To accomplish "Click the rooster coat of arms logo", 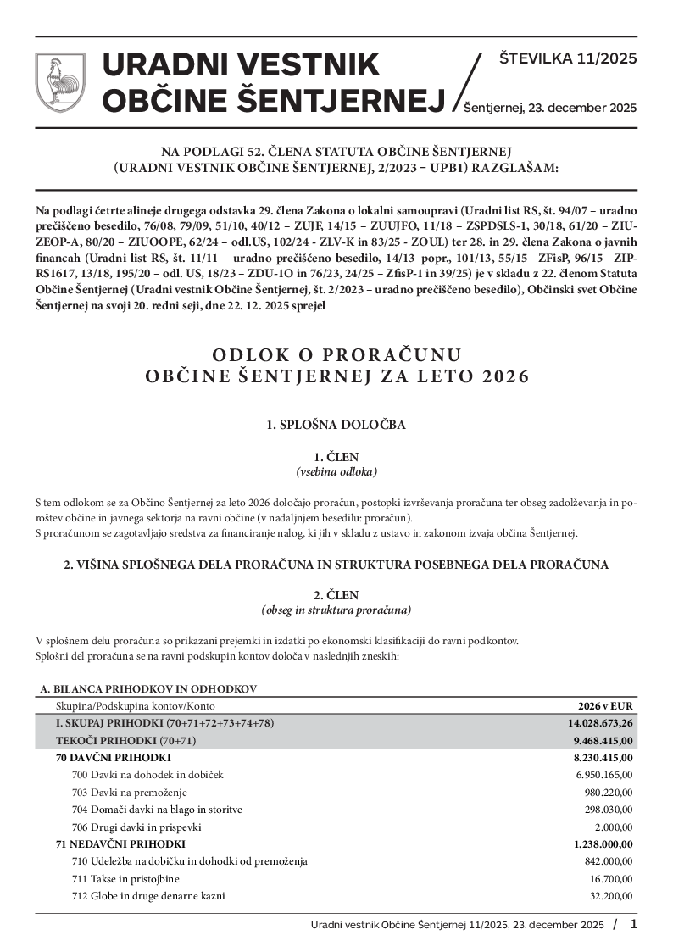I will (59, 82).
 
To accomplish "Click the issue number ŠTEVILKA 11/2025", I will (568, 59).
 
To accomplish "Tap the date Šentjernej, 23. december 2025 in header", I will (550, 108).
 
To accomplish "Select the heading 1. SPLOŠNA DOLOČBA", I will (336, 425).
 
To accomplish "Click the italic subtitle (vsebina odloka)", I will (336, 471).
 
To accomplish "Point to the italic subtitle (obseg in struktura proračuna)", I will (336, 610).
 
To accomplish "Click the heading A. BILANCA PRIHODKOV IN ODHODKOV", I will (148, 689).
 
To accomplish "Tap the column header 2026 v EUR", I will (605, 705).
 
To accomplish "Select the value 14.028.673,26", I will (601, 723).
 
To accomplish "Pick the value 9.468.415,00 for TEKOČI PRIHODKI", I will (603, 740).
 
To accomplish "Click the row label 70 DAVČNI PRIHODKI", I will (114, 757).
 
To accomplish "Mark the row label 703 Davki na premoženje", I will (130, 792).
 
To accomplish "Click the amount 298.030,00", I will (609, 810).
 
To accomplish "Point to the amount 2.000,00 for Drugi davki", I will (615, 827).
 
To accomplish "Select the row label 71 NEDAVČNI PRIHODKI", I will (120, 844).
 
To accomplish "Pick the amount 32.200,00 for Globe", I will (611, 896).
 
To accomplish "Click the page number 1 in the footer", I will (633, 924).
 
